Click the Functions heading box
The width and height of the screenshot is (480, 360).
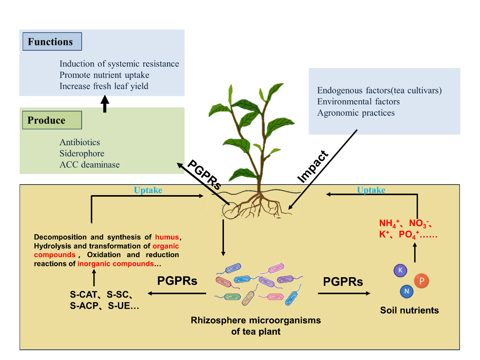click(x=52, y=42)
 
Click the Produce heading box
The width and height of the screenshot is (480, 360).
click(x=52, y=120)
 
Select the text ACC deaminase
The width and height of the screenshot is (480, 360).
click(x=90, y=164)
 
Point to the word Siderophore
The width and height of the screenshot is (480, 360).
click(x=82, y=154)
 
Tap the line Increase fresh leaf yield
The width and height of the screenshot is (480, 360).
click(x=104, y=86)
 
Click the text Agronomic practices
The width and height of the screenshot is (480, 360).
click(x=356, y=113)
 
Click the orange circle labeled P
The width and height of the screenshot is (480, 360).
click(x=421, y=281)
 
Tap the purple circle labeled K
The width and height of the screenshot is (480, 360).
click(x=399, y=270)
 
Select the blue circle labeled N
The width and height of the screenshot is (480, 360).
click(x=407, y=291)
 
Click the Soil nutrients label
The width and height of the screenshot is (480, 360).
click(x=410, y=310)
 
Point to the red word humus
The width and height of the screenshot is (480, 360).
click(x=167, y=237)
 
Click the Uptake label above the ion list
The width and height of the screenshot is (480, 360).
click(x=371, y=190)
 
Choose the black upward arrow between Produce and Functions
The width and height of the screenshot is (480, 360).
click(x=105, y=104)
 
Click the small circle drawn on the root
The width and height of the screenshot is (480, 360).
click(x=230, y=211)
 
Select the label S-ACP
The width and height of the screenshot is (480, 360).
click(x=84, y=306)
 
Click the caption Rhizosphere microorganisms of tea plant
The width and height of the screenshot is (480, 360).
click(x=256, y=326)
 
